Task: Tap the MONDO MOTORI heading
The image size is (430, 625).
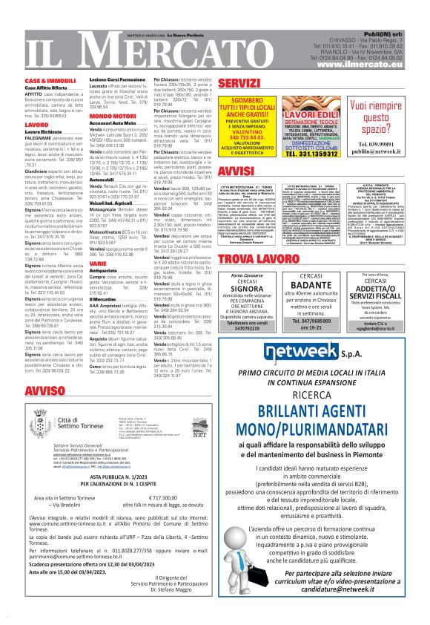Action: [x=111, y=117]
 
